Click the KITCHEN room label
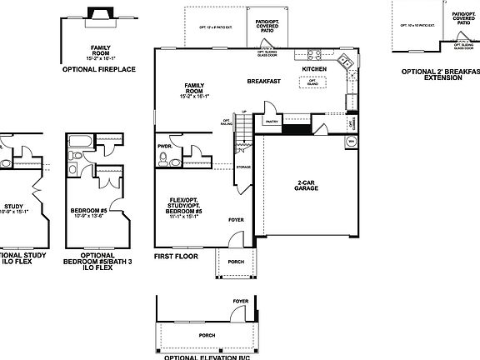pos(314,68)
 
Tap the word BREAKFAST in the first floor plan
pos(263,81)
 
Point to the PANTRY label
pos(271,121)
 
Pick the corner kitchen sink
pos(344,61)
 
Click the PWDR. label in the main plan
pos(164,145)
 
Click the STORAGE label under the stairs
pos(243,167)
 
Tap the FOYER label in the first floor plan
pos(237,221)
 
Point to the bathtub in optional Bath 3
pos(82,139)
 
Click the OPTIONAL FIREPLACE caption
pos(106,69)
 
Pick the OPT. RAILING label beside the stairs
pos(226,123)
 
